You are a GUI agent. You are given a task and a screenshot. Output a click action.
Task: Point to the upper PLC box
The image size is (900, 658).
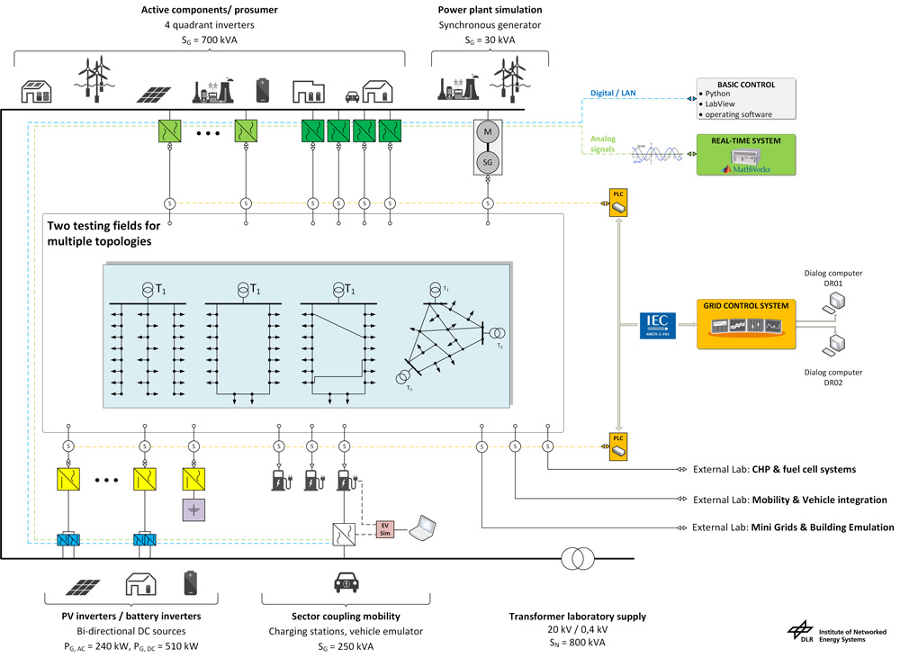click(x=617, y=203)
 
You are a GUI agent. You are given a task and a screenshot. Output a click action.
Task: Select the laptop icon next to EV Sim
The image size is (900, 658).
click(x=422, y=529)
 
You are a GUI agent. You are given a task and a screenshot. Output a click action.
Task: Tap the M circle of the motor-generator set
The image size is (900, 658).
click(x=489, y=132)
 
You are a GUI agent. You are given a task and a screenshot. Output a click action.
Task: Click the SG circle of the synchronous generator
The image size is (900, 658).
click(x=489, y=161)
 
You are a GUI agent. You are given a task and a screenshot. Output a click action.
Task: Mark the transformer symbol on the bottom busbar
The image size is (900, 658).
click(x=577, y=559)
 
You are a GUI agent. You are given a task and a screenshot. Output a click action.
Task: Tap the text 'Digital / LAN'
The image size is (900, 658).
click(x=613, y=93)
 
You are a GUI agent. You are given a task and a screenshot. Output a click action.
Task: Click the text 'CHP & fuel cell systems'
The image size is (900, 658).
click(x=804, y=469)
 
